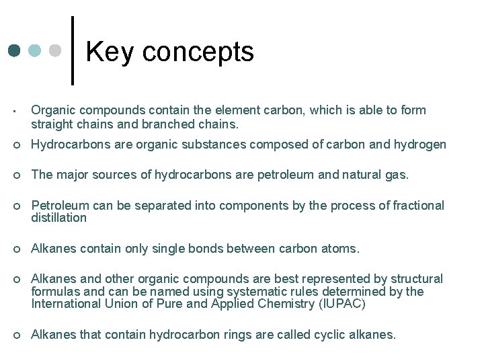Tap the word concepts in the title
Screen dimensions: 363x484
click(198, 52)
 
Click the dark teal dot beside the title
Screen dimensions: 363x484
click(15, 51)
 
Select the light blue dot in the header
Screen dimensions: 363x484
click(35, 51)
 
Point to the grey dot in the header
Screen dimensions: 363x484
click(56, 51)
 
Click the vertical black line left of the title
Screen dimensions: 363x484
click(73, 50)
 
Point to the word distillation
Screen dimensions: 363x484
click(59, 218)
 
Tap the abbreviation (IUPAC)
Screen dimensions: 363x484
click(339, 304)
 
